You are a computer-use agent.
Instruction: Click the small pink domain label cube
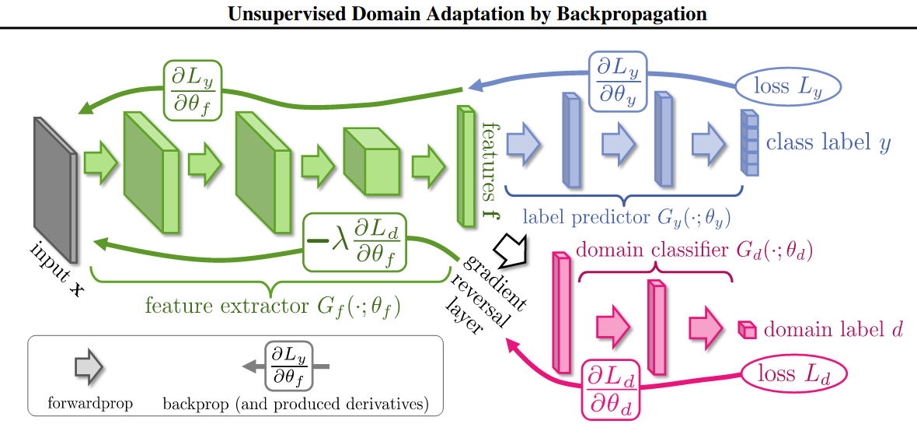746,330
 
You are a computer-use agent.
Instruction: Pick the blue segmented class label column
748,143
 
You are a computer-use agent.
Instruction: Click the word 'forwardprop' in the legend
90,404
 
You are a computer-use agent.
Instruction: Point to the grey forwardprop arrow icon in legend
90,366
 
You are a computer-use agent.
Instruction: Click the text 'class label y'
828,143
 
